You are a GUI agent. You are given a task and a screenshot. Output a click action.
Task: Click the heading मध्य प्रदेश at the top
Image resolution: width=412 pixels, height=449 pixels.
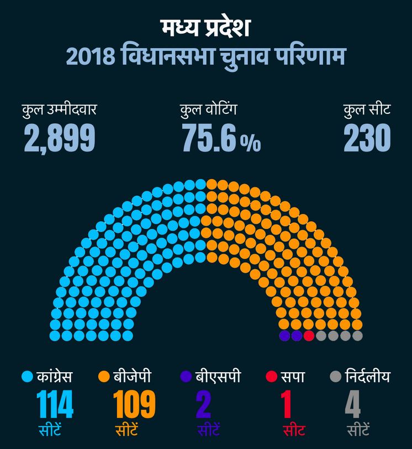(205, 28)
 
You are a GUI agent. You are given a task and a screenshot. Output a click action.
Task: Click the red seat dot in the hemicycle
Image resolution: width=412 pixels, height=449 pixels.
(309, 335)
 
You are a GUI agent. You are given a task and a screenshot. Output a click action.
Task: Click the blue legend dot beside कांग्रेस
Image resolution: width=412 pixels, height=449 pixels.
(27, 378)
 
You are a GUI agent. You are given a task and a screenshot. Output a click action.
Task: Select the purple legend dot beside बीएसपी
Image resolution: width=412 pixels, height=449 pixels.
(186, 378)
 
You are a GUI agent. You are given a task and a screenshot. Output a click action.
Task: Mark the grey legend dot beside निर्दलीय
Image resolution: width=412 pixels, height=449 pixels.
(335, 378)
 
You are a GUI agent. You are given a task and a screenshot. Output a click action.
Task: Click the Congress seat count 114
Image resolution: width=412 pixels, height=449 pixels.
(55, 405)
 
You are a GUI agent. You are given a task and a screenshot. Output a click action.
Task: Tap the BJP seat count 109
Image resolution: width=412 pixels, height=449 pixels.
(134, 405)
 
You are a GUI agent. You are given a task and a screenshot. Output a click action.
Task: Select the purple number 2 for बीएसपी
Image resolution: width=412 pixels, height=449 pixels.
(204, 405)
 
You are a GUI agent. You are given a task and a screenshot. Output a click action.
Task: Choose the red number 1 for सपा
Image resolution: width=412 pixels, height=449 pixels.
(287, 405)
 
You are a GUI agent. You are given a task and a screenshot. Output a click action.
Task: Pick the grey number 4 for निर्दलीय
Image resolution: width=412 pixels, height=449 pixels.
(353, 405)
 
